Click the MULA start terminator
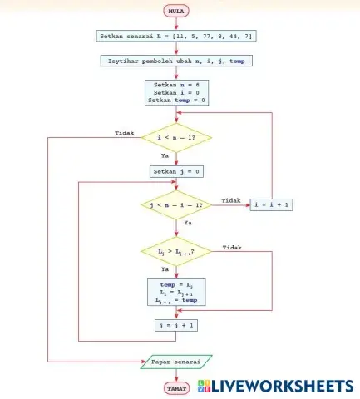(176, 12)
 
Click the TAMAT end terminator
(176, 387)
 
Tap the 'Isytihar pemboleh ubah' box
(175, 62)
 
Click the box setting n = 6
(175, 92)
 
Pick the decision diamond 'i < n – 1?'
(176, 137)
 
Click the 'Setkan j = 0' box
(176, 171)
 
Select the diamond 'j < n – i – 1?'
(176, 205)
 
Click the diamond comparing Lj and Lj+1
(176, 250)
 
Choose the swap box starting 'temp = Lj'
(176, 293)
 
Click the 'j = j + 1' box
(176, 325)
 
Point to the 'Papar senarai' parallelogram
(176, 362)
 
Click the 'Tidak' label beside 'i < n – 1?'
(124, 131)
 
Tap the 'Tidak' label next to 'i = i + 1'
(231, 200)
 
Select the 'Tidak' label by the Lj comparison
(233, 247)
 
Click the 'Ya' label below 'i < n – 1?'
(165, 155)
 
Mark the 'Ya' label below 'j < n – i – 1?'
(187, 224)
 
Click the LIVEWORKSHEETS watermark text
(283, 386)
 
